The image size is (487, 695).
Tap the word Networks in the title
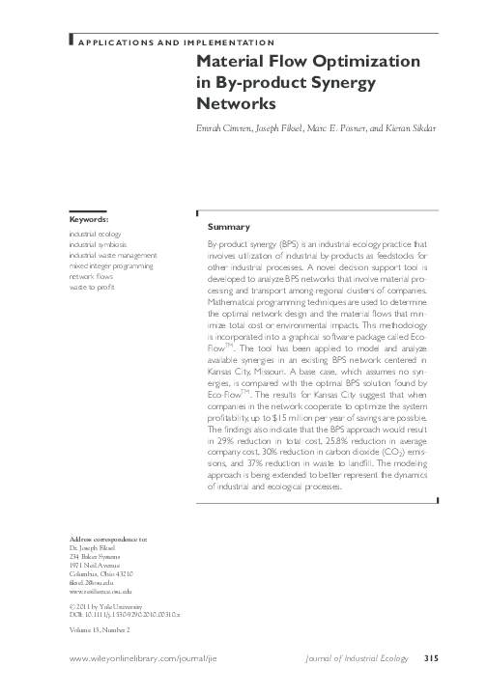pyautogui.click(x=237, y=102)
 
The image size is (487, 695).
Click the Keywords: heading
pyautogui.click(x=88, y=219)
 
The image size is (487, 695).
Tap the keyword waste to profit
pyautogui.click(x=92, y=287)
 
